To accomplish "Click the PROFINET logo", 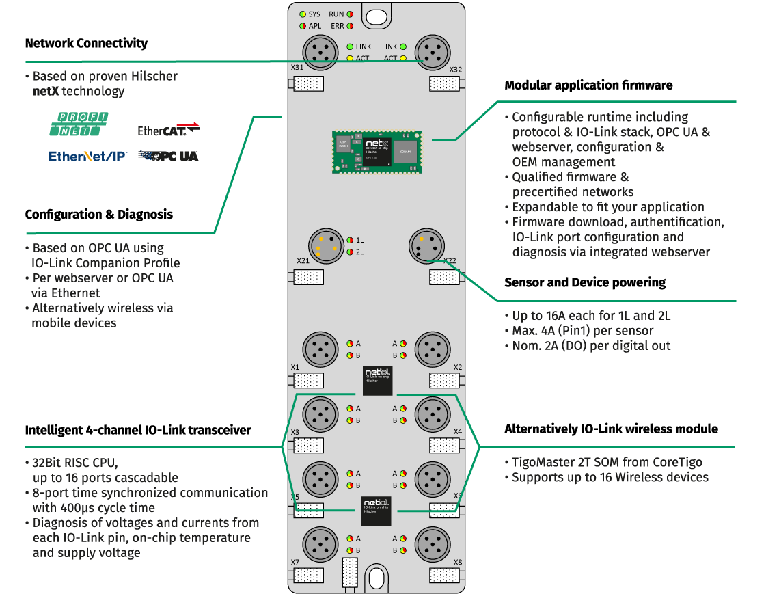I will click(x=79, y=124).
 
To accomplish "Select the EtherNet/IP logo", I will click(x=87, y=157).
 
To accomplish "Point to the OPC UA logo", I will click(x=168, y=157).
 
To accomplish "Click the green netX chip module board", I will click(x=377, y=151).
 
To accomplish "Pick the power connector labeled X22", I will click(x=427, y=245).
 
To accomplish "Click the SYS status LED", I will click(x=302, y=14).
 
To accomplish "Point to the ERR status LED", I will click(x=349, y=26).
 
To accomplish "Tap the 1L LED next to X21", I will click(x=350, y=240).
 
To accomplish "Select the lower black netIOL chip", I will click(x=377, y=511).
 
